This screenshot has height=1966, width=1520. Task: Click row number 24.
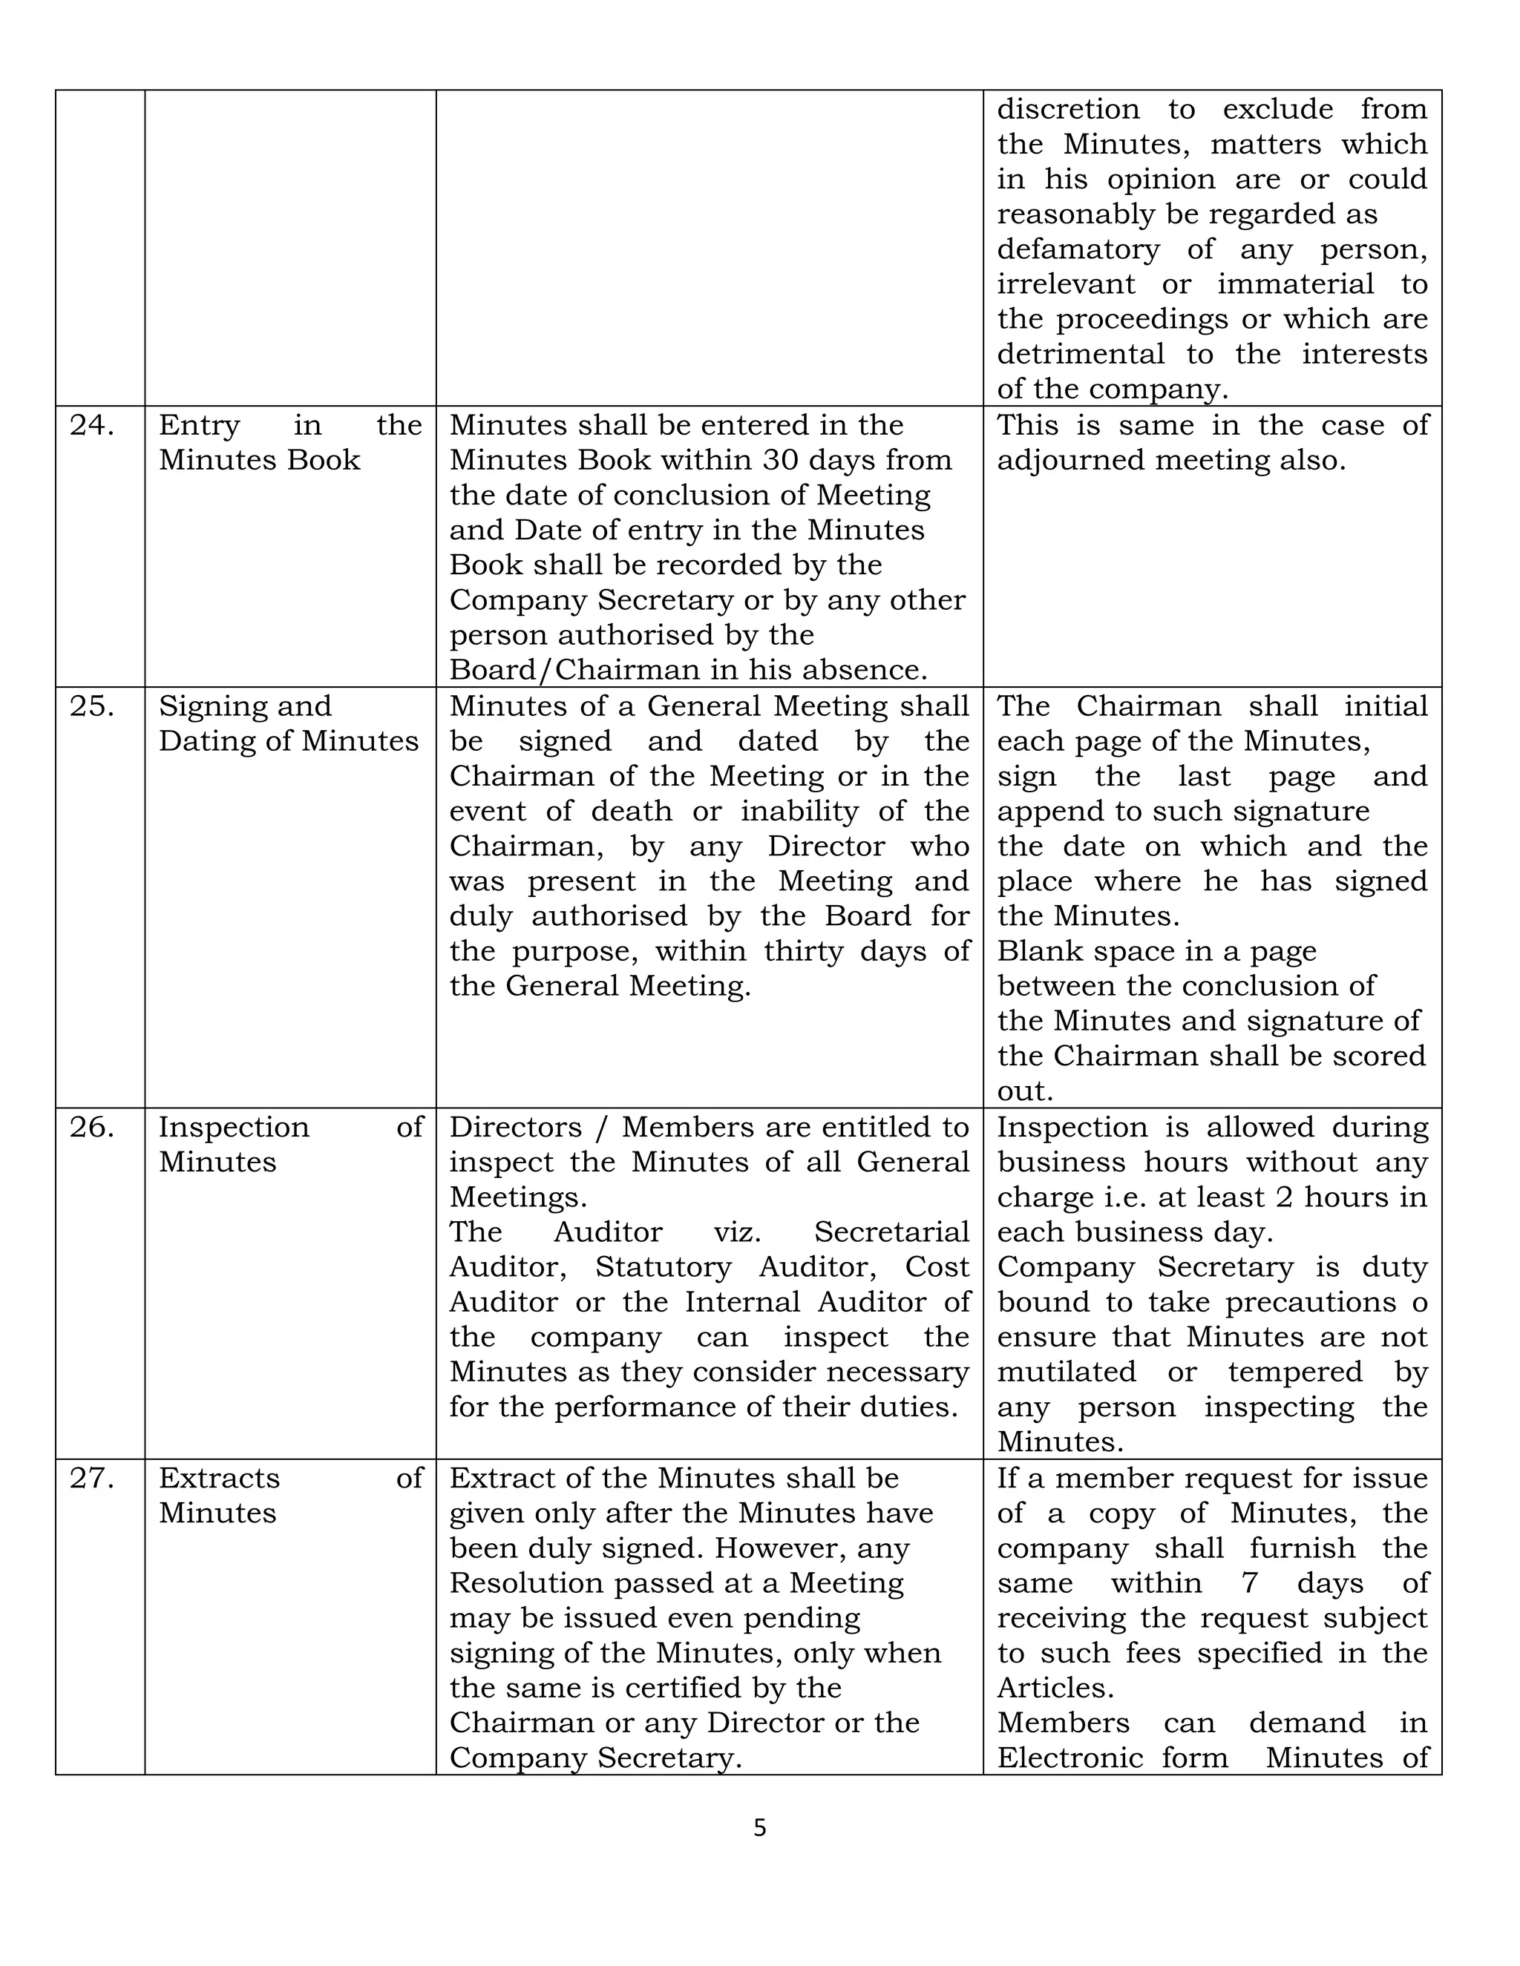tap(91, 425)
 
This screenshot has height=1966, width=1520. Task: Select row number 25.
tap(91, 706)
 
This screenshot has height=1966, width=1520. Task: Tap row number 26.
tap(91, 1127)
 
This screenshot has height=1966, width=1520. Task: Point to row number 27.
tap(91, 1478)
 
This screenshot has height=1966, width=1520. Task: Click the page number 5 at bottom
tap(759, 1828)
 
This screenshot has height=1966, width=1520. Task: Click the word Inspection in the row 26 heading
tap(233, 1127)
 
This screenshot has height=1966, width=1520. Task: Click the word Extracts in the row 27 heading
tap(219, 1478)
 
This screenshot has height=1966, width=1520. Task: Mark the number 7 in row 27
tap(1249, 1583)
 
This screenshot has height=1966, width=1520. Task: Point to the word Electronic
tap(1067, 1758)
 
